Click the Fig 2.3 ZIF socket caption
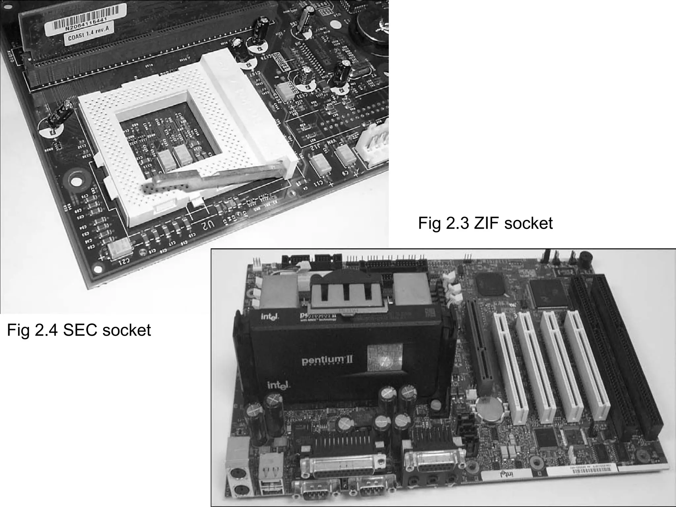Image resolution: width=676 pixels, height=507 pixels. pyautogui.click(x=485, y=223)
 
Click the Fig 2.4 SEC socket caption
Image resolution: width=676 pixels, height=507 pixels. pyautogui.click(x=79, y=330)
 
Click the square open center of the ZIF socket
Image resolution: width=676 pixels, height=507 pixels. pyautogui.click(x=165, y=139)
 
